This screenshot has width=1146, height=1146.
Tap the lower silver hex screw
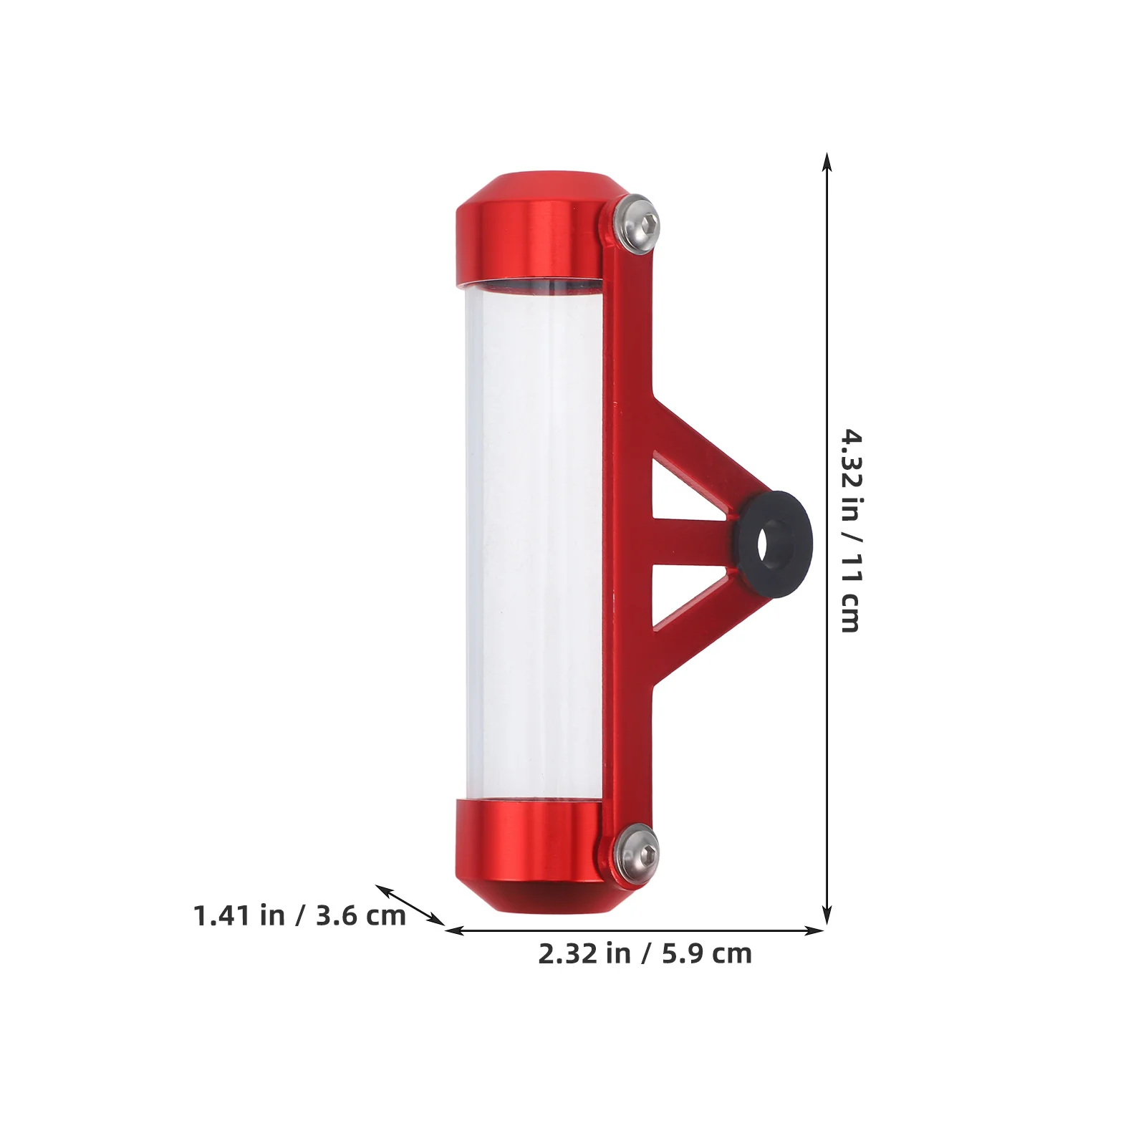[x=637, y=852]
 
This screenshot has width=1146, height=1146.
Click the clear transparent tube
[x=534, y=537]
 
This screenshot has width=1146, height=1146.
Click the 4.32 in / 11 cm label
[x=851, y=531]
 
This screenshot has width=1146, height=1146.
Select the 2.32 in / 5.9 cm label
[x=645, y=954]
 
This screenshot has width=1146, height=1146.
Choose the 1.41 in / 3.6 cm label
[x=299, y=915]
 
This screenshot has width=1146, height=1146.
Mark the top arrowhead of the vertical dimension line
[x=827, y=161]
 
